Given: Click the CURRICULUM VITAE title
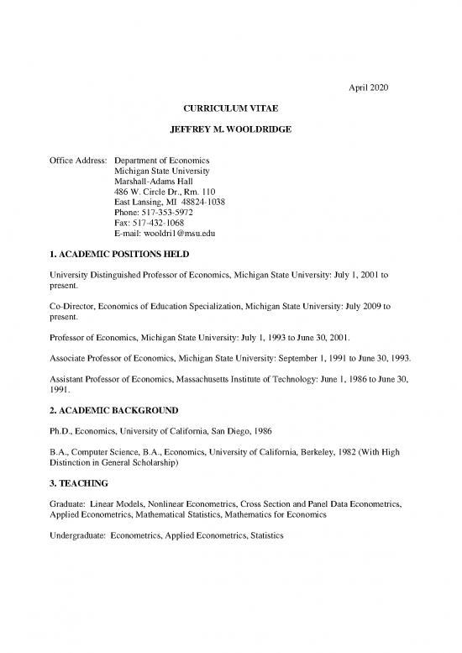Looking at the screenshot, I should coord(230,110).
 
